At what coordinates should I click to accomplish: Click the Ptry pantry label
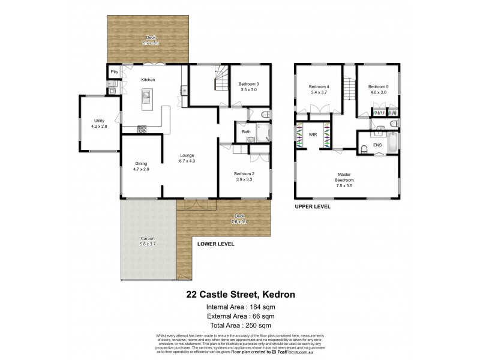click(114, 72)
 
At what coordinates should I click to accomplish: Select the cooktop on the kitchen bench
click(143, 128)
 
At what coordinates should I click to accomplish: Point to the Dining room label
click(141, 163)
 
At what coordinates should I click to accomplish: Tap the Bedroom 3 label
click(248, 84)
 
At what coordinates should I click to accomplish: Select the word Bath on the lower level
click(246, 131)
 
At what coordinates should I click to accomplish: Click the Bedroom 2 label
click(244, 174)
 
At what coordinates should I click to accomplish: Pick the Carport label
click(148, 239)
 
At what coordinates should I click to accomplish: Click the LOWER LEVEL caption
click(216, 244)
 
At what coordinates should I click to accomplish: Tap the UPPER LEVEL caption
click(313, 206)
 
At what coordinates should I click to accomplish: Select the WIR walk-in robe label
click(313, 135)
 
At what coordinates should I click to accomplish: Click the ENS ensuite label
click(377, 145)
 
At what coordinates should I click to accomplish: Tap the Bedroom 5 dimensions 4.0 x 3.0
click(379, 93)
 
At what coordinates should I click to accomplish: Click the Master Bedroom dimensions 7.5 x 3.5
click(344, 185)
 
